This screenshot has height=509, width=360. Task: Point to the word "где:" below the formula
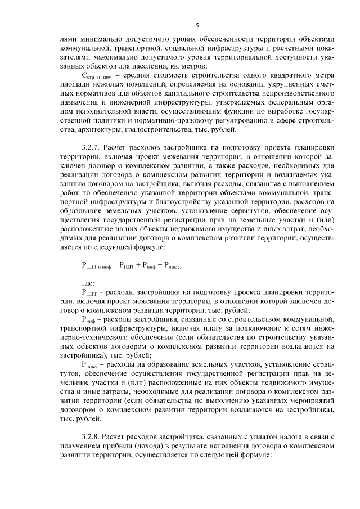[x=88, y=283]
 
